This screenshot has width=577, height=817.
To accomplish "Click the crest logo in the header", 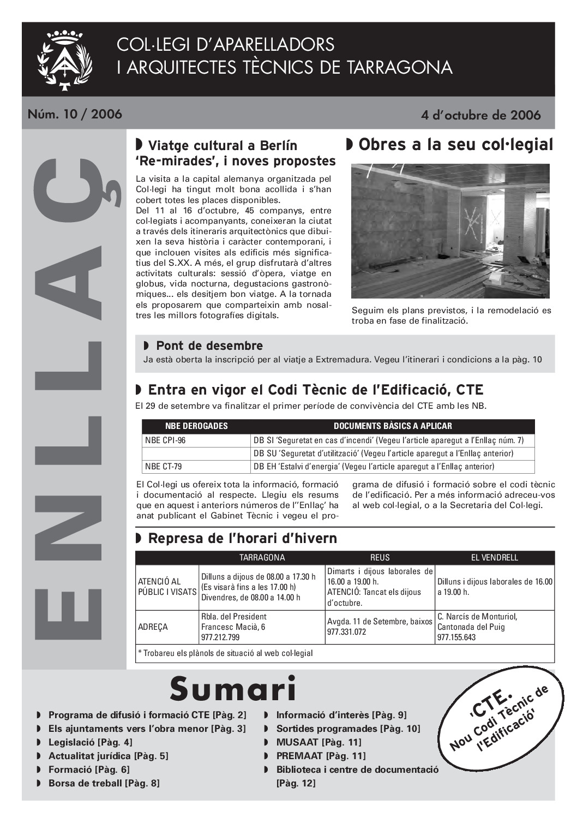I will point(64,59).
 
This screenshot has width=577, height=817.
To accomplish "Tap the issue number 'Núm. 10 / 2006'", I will point(75,114).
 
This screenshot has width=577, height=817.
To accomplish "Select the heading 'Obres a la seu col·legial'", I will point(450,145).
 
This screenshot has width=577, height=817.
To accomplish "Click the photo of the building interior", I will point(450,231).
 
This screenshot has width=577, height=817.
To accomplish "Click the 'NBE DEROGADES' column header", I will point(196,426).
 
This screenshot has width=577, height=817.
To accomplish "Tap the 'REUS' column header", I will point(380,557).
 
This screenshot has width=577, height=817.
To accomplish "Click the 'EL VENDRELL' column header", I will point(494,557).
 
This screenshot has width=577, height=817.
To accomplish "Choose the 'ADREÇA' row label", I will point(153,627).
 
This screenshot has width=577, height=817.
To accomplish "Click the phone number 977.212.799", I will point(220,637).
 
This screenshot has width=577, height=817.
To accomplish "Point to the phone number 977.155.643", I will point(456,637).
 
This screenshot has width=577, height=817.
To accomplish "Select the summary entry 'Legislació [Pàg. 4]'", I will point(90,742).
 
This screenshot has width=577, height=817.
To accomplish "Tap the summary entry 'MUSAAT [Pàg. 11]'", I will point(318,742).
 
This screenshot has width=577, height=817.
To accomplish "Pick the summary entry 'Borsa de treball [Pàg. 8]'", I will point(104,783).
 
